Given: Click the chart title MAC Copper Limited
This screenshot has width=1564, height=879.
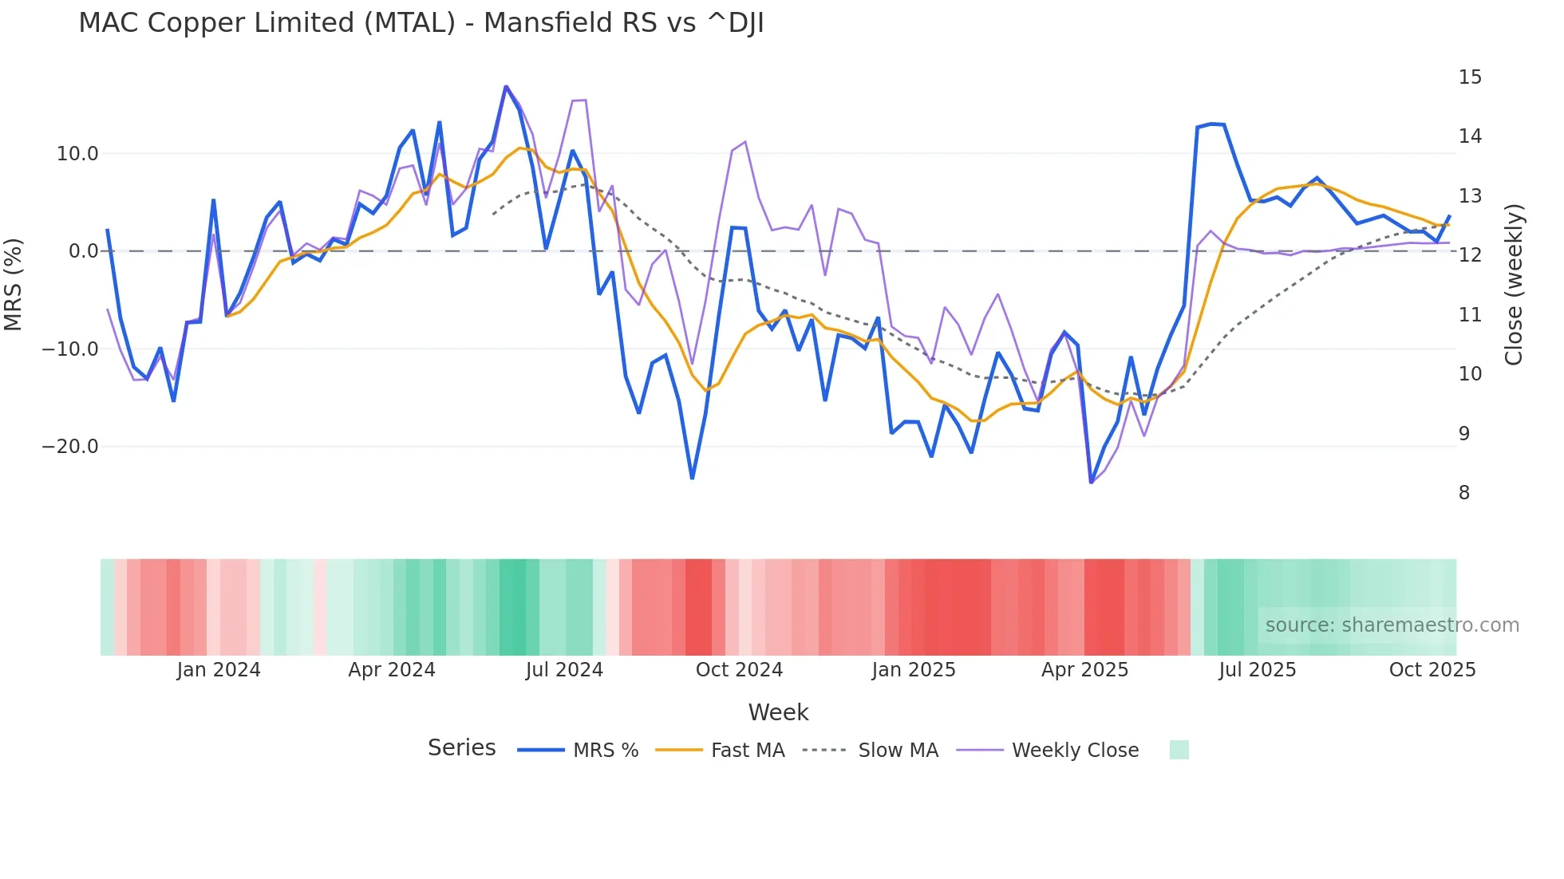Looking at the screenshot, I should pos(421,23).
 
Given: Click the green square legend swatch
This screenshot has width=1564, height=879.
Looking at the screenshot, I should pos(1179,750).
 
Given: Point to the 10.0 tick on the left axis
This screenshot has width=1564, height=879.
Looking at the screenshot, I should pos(77,154).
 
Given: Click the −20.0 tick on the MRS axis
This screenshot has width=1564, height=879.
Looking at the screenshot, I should pos(70,447).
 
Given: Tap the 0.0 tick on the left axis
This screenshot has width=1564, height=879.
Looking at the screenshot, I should pos(84,251).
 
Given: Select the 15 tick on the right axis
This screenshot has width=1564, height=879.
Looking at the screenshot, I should pos(1470,77).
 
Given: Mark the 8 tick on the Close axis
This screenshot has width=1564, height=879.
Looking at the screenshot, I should pos(1464,493).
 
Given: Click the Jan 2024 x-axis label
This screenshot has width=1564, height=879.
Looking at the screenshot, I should pos(219,670).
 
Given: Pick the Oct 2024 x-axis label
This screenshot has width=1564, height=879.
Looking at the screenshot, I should pos(739,670).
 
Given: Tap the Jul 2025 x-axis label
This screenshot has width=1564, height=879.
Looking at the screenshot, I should pos(1257,670).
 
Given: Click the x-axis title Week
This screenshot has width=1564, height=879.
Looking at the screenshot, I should pos(778,712).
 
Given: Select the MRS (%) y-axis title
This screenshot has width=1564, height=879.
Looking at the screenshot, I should pos(14,284).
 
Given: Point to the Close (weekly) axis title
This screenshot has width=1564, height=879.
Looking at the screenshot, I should pos(1514,284).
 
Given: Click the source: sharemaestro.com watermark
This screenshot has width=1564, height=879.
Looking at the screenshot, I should pos(1392,625).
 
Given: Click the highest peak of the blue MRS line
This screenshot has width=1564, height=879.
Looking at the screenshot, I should pos(506,86).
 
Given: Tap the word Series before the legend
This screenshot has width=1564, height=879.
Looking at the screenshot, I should pos(461,748).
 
